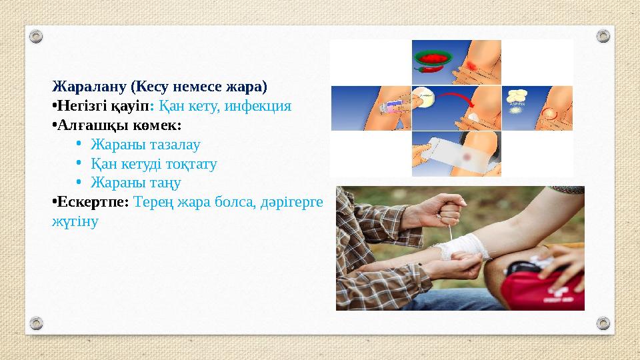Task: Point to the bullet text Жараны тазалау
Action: [x=145, y=145]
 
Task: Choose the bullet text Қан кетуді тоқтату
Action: [x=153, y=164]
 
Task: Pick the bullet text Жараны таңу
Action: [x=135, y=183]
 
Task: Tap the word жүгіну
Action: [x=75, y=221]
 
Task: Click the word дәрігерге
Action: [x=291, y=202]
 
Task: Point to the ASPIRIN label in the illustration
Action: [x=519, y=105]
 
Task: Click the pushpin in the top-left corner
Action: [x=37, y=35]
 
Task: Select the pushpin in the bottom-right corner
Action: [x=603, y=323]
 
